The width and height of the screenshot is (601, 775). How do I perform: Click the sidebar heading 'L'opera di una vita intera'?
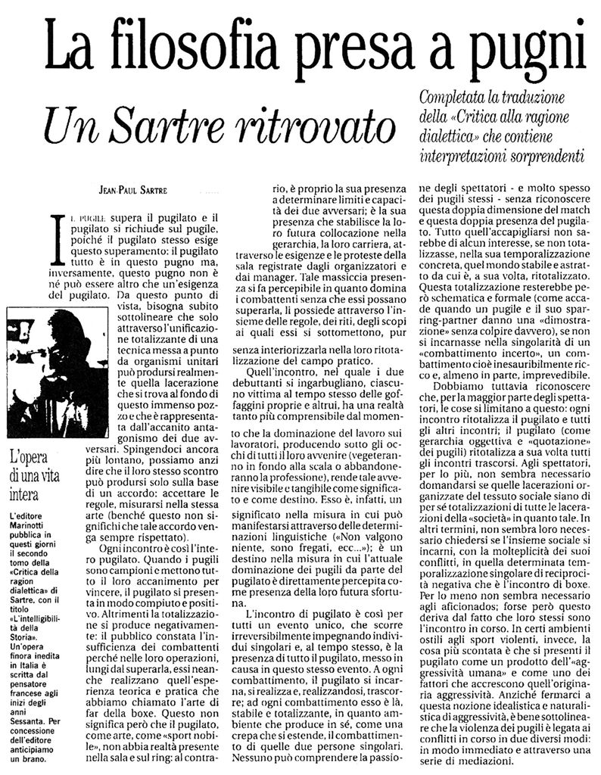click(x=34, y=478)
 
